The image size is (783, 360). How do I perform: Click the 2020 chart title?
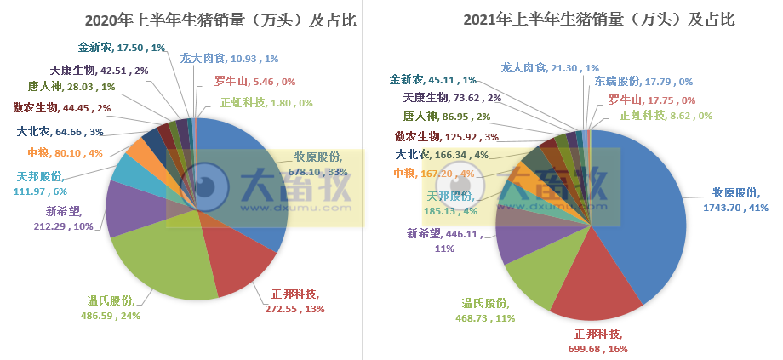click(195, 19)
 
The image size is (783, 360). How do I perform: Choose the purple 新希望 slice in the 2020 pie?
click(128, 209)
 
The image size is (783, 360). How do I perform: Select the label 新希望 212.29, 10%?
click(69, 218)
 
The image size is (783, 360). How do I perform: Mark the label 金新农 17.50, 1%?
click(114, 49)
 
